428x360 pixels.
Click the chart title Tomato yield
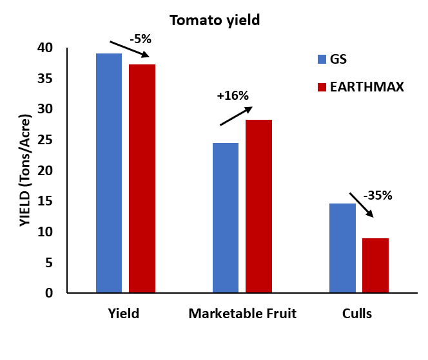[x=214, y=20]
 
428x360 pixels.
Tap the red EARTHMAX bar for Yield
[x=142, y=178]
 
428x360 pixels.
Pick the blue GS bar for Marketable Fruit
[x=226, y=218]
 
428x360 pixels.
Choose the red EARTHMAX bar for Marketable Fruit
[x=258, y=206]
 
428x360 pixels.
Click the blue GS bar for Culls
[x=342, y=248]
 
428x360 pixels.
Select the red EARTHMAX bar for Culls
[x=375, y=265]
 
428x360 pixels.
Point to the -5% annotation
[x=140, y=39]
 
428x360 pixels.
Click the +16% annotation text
[x=233, y=96]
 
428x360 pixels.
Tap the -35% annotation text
[x=378, y=195]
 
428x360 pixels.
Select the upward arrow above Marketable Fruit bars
[x=235, y=117]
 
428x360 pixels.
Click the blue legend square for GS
[x=323, y=59]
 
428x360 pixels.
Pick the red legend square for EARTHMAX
[x=323, y=87]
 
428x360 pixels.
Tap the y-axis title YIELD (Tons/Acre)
[x=24, y=170]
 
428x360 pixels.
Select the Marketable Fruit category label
[x=242, y=314]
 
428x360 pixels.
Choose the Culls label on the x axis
[x=357, y=314]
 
